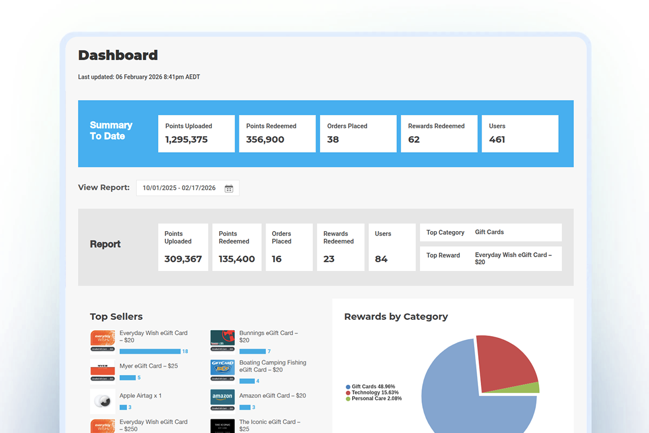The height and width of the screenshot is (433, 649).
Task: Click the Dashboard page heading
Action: [118, 55]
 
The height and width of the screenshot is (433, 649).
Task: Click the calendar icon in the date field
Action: [229, 188]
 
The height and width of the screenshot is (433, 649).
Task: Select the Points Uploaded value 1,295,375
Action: [187, 140]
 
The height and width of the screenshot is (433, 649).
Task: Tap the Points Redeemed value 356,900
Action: [265, 140]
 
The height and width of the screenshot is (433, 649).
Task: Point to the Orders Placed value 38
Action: [333, 140]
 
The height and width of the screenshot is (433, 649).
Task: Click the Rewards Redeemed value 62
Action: [414, 140]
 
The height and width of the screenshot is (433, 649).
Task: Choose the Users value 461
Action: [497, 140]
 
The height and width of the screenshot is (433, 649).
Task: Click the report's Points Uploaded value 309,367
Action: [183, 259]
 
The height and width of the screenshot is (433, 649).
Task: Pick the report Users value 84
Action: [381, 259]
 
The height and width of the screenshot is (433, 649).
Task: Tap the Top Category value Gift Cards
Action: [489, 232]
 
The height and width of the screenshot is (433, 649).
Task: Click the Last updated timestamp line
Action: [139, 77]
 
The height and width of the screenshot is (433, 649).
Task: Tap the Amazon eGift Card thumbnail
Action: [222, 398]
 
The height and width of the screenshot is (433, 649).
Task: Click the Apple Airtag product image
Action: [102, 401]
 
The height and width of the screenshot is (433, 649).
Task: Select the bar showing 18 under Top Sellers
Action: [150, 351]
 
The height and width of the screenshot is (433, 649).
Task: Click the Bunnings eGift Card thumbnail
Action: [222, 338]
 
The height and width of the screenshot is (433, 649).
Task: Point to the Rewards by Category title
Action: [396, 317]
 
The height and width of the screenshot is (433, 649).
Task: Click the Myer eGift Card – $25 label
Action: [149, 366]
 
